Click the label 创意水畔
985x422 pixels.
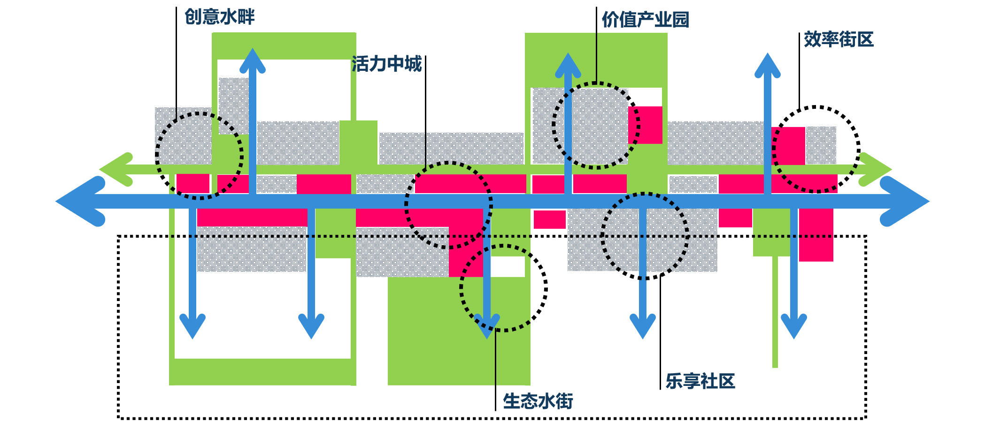click(219, 17)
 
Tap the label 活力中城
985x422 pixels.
click(386, 64)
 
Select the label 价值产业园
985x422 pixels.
click(645, 20)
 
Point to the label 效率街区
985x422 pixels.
click(839, 39)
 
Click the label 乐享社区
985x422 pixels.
click(700, 381)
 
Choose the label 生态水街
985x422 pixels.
click(538, 401)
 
